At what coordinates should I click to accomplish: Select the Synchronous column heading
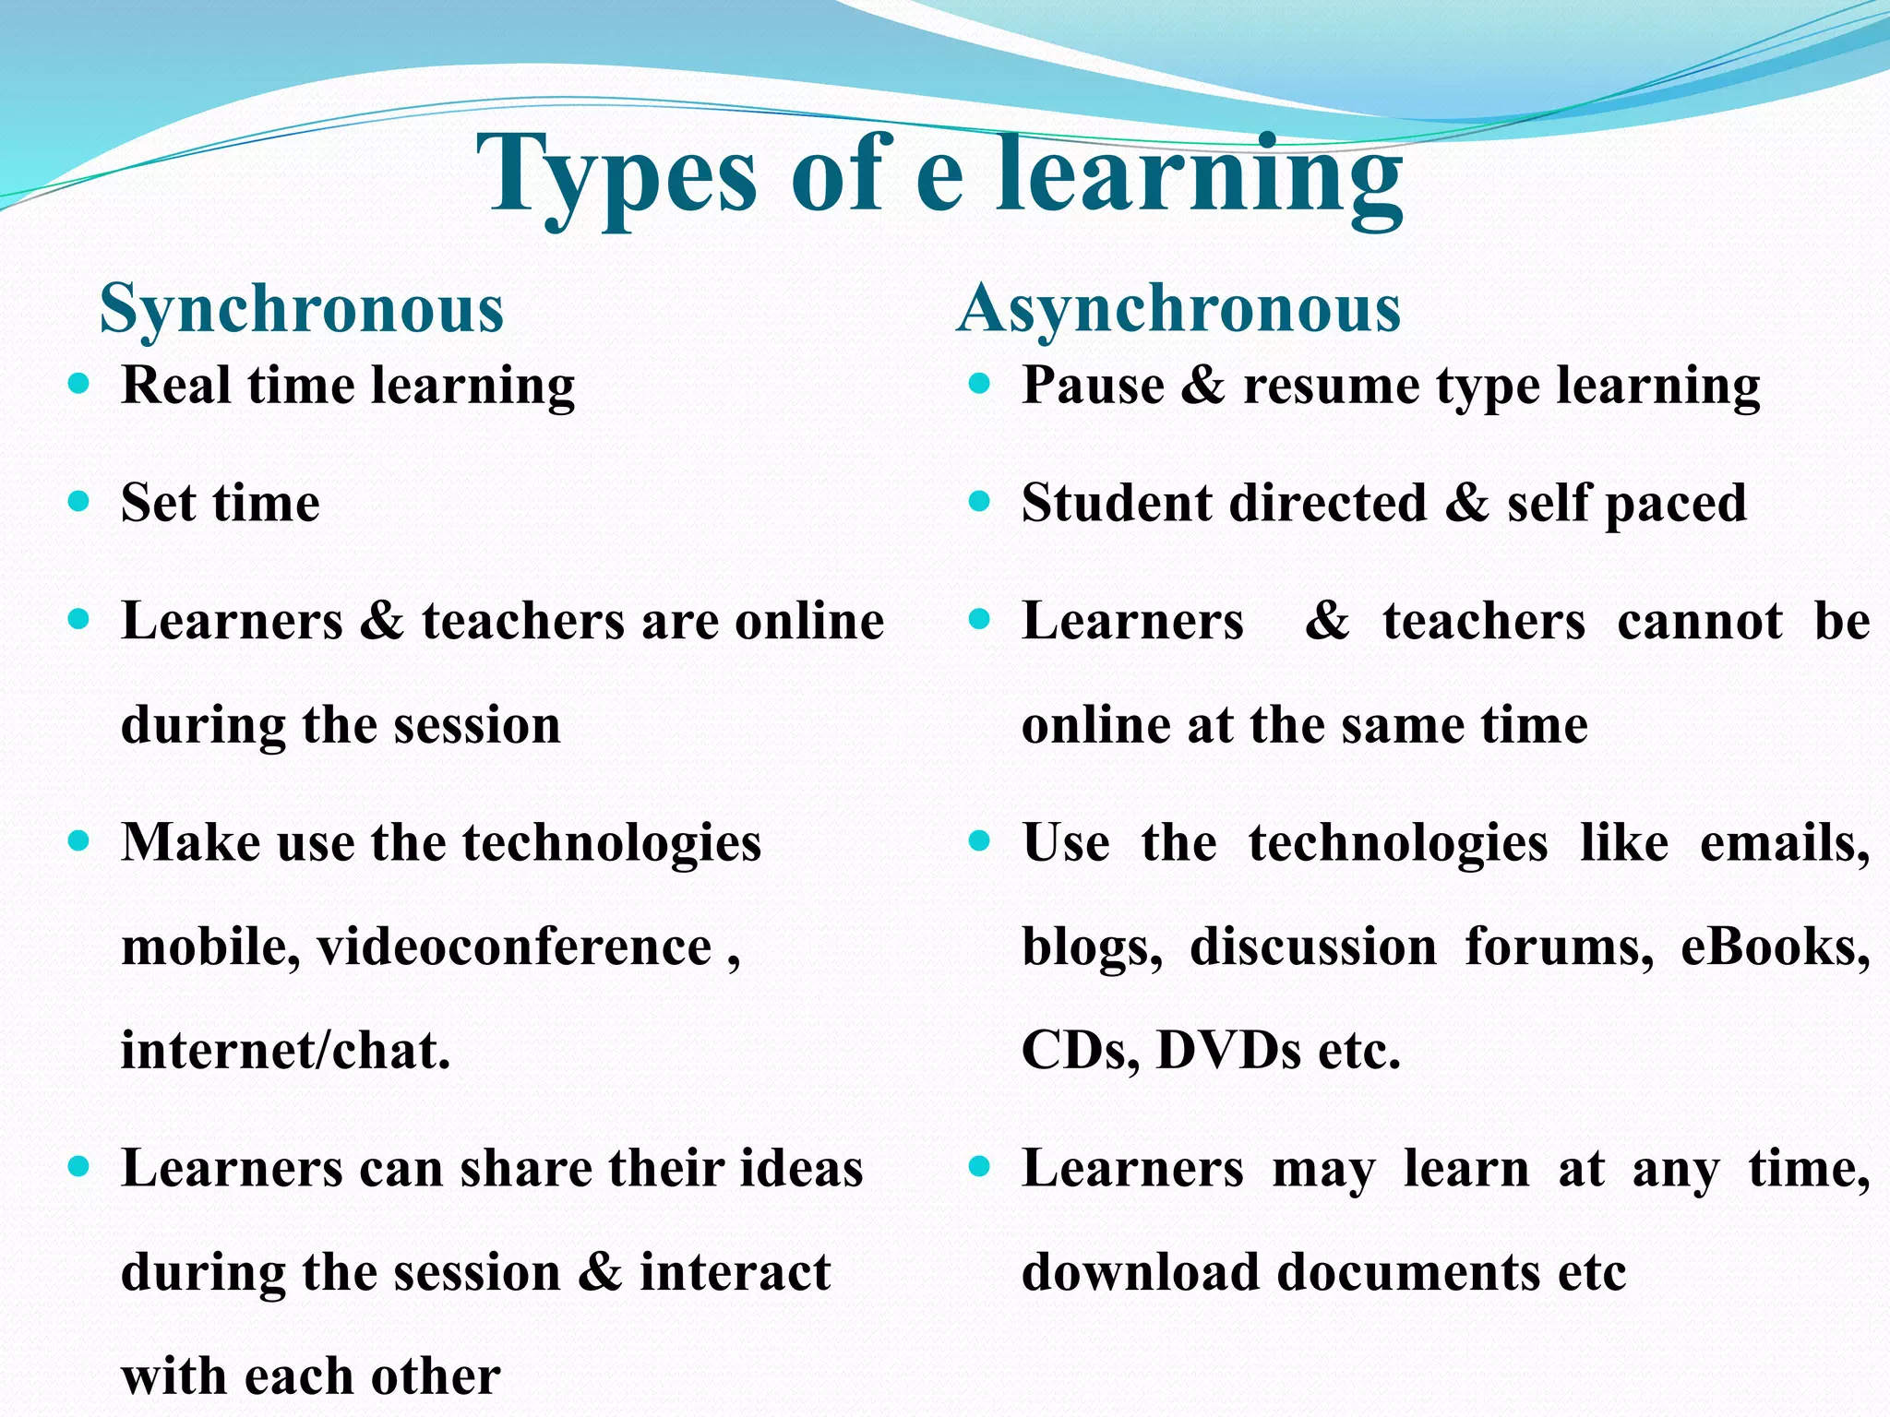[302, 309]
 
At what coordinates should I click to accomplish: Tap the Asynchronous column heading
[1179, 309]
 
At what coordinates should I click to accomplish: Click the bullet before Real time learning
[79, 383]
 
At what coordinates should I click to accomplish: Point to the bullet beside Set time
[79, 502]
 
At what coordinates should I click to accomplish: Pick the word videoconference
[515, 947]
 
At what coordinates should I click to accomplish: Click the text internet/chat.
[286, 1051]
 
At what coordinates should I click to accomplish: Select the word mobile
[210, 947]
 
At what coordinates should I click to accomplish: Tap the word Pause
[1093, 386]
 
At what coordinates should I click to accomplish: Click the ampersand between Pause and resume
[1202, 386]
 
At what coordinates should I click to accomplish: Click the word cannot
[1700, 622]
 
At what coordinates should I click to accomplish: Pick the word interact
[735, 1273]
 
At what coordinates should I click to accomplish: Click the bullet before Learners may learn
[980, 1168]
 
